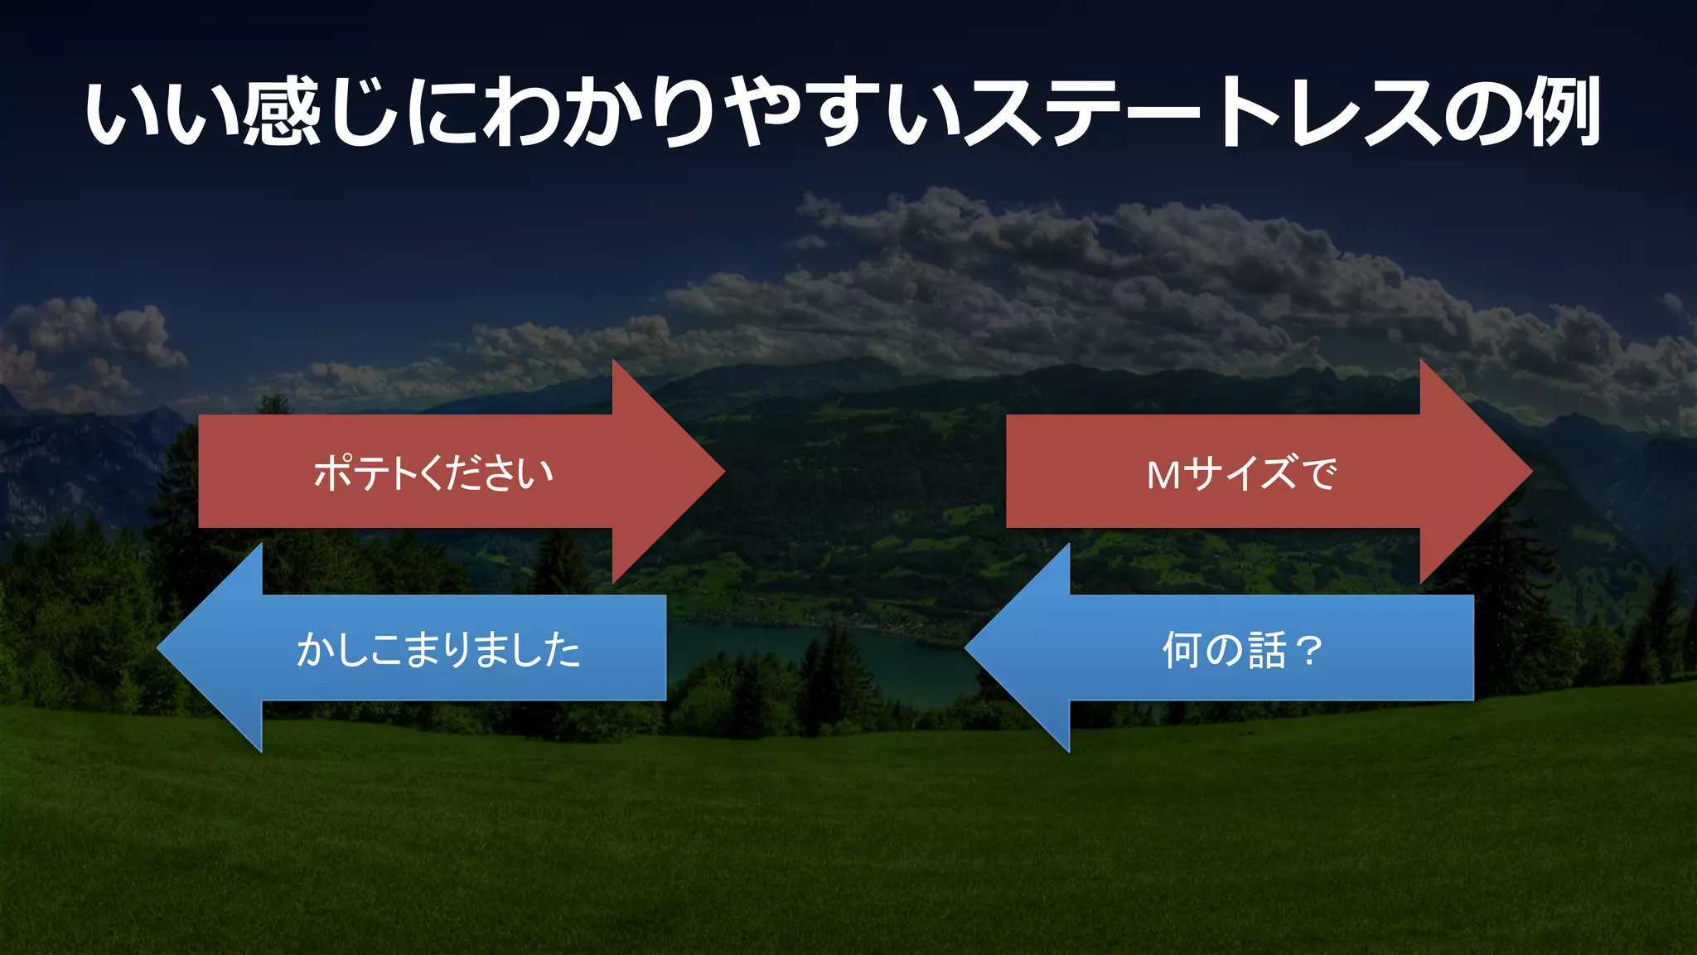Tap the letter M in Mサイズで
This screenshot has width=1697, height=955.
(1163, 475)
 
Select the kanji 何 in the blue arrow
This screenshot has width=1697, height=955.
(1182, 649)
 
